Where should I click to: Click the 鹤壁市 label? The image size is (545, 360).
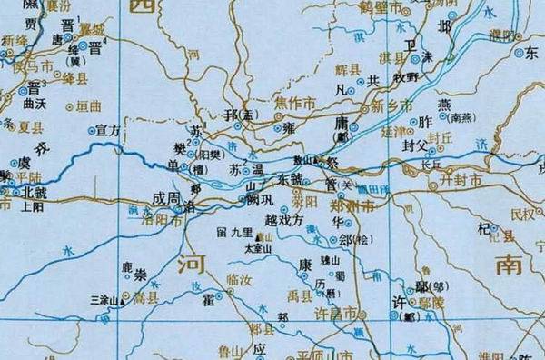382,7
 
